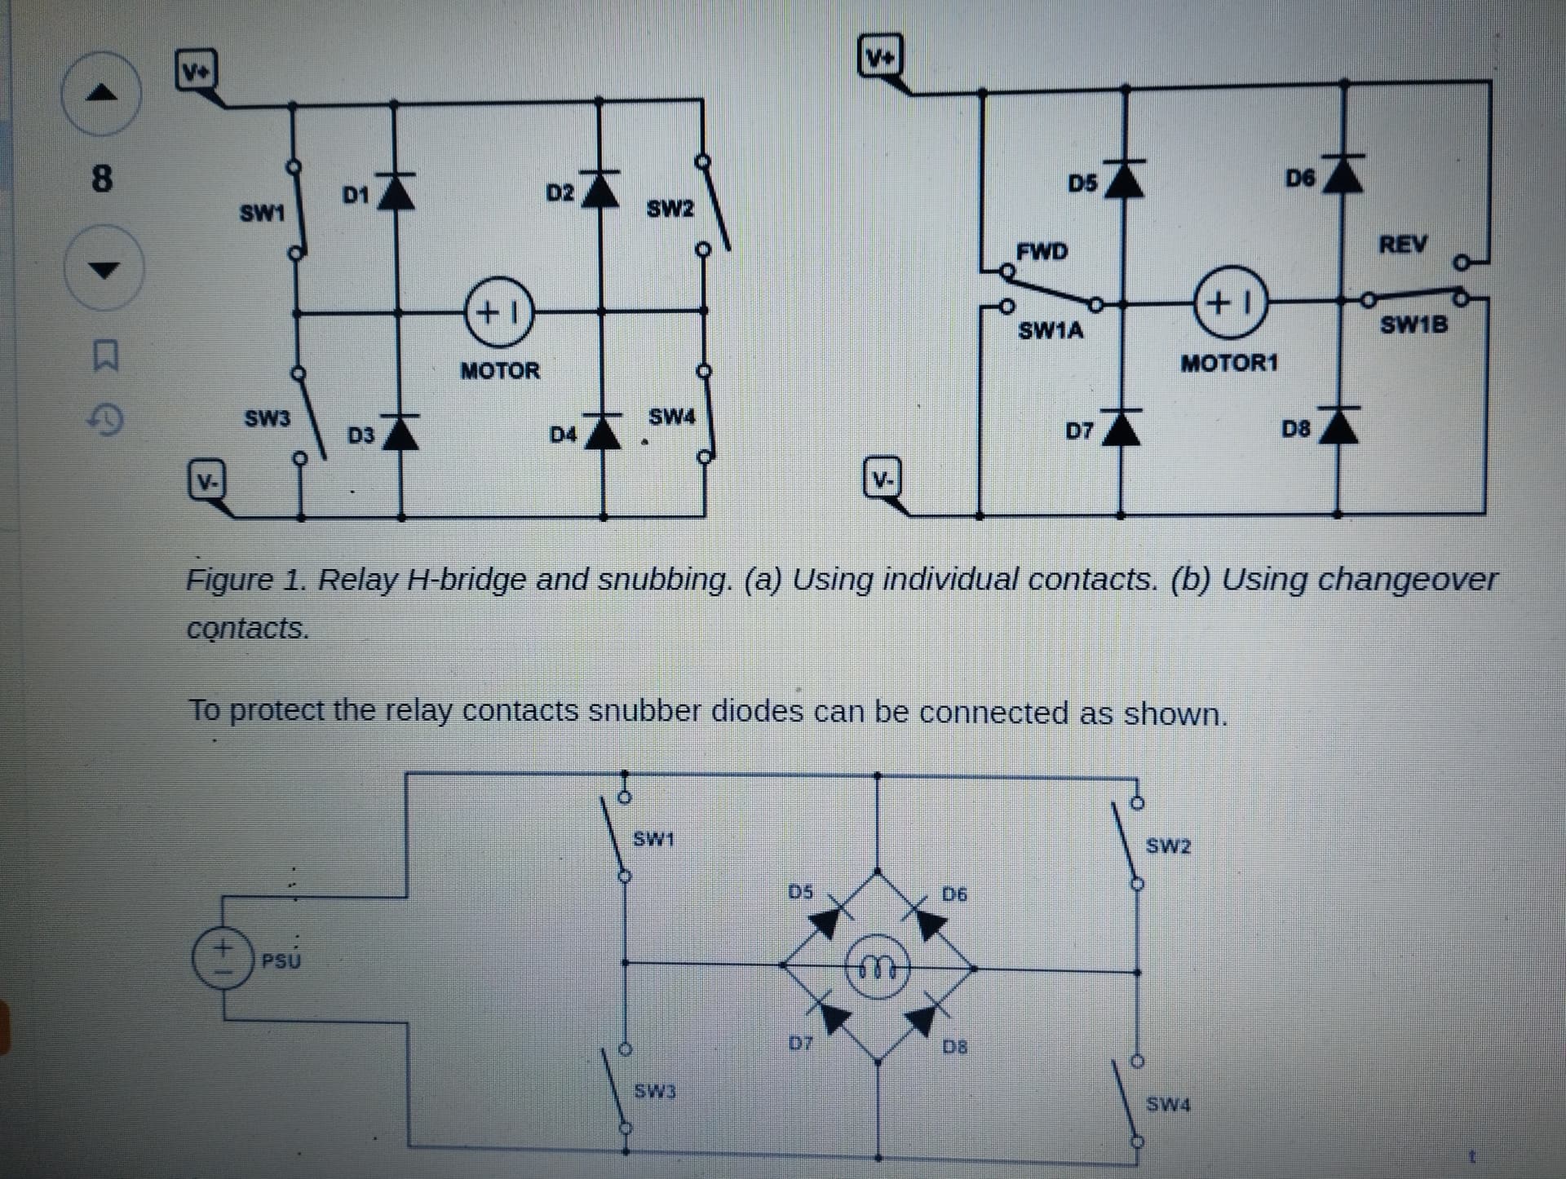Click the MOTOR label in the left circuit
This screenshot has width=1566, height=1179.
coord(500,371)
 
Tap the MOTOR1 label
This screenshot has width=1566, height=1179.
coord(1229,362)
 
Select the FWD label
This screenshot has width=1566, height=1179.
coord(1042,251)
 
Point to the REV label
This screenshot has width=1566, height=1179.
coord(1403,244)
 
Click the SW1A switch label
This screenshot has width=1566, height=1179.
coord(1051,330)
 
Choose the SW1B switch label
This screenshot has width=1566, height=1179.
coord(1413,325)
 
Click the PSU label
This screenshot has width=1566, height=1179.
coord(281,960)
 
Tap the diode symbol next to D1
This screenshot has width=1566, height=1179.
coord(396,192)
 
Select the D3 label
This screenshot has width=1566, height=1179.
coord(361,435)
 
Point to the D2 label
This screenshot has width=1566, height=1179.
coord(560,194)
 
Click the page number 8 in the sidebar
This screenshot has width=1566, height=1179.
coord(101,178)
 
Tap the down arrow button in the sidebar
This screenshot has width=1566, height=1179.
coord(102,268)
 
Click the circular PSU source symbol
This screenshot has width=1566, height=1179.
coord(221,960)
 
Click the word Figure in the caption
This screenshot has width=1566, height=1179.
coord(230,581)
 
